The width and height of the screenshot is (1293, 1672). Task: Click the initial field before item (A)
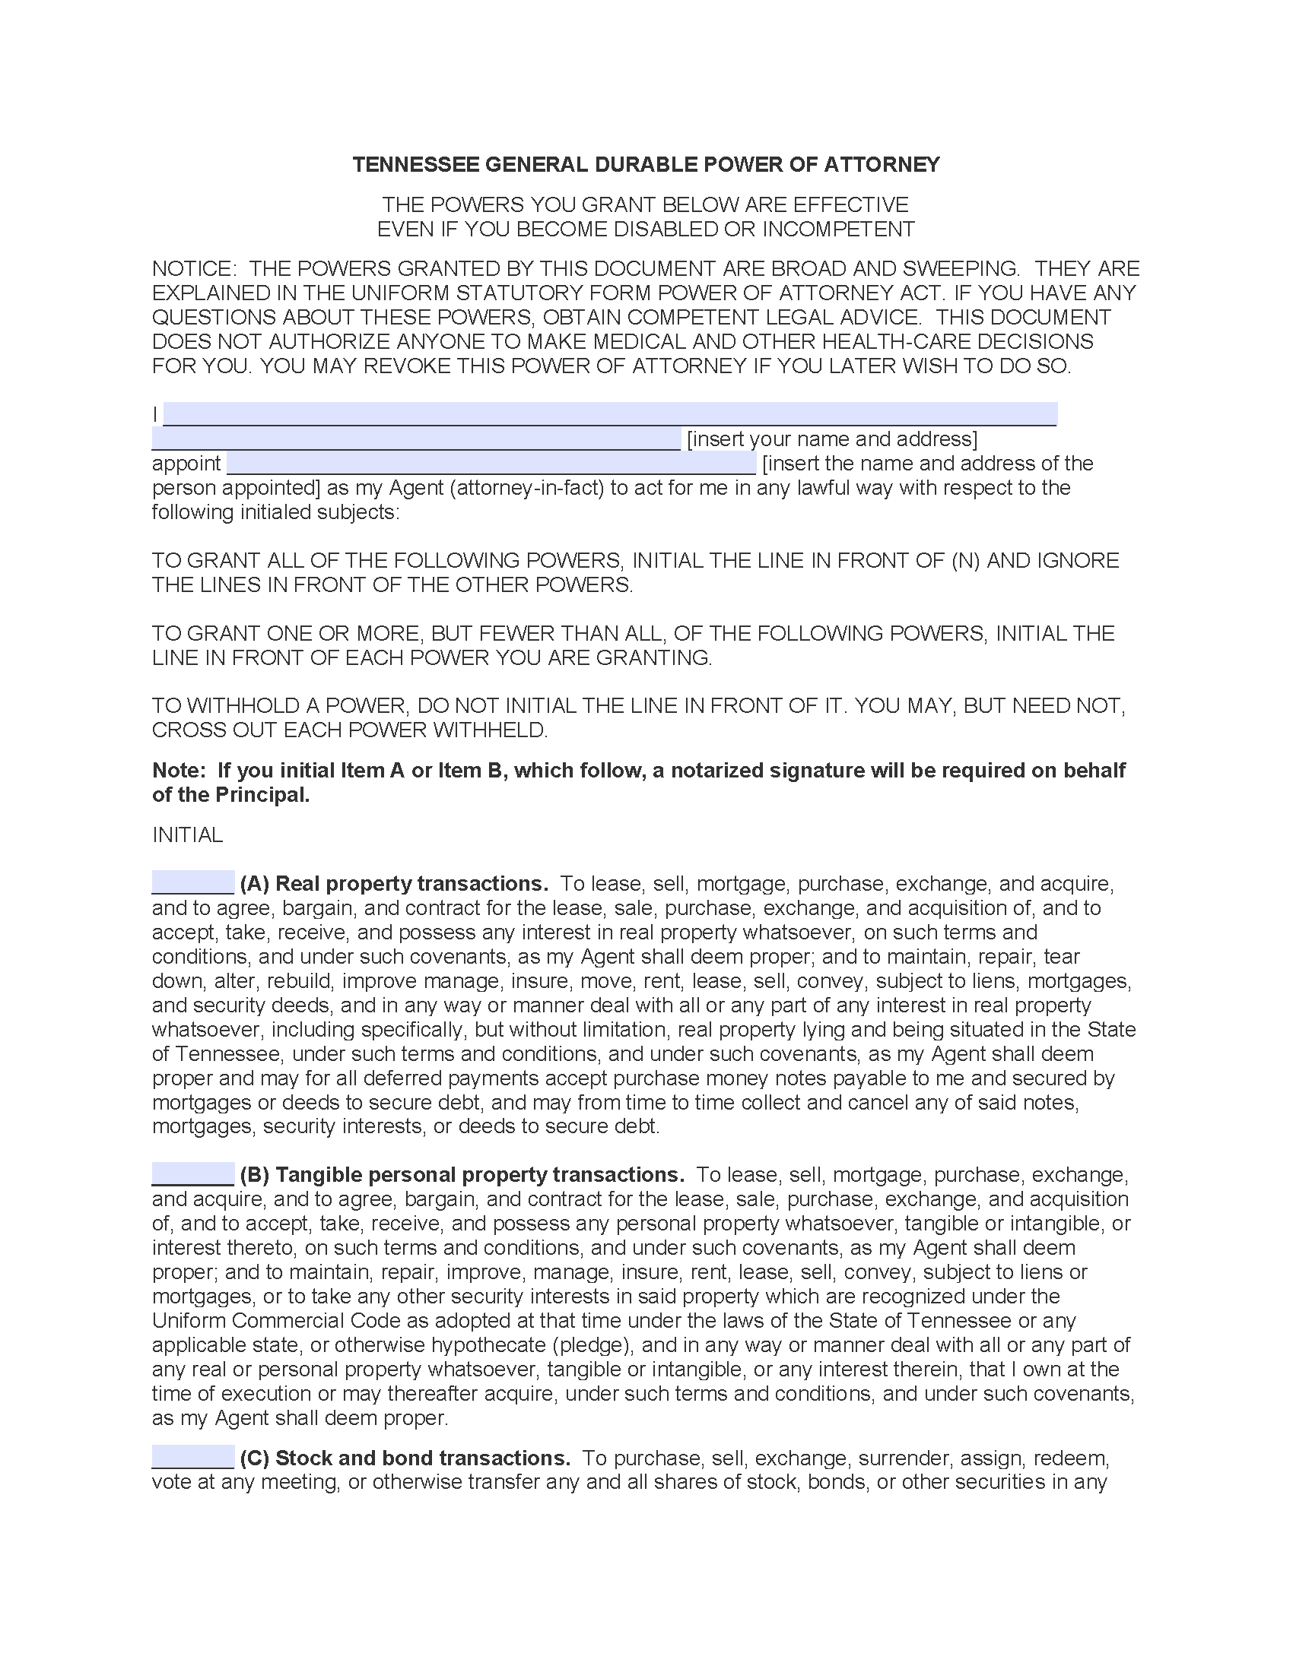[193, 882]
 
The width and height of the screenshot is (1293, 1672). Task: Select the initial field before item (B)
[193, 1173]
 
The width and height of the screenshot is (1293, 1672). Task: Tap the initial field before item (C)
[193, 1457]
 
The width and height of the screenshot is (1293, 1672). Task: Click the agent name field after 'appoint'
[491, 463]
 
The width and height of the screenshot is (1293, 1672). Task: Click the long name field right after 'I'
[610, 414]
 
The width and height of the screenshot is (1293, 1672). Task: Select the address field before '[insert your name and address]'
[416, 439]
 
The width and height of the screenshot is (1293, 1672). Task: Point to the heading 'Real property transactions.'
[411, 883]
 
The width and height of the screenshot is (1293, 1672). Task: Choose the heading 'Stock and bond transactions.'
[422, 1458]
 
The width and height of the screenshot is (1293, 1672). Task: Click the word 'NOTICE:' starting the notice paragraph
[195, 269]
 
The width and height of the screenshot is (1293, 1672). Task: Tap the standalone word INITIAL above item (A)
[188, 834]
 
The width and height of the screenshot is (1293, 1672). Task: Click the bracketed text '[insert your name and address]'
[832, 439]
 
